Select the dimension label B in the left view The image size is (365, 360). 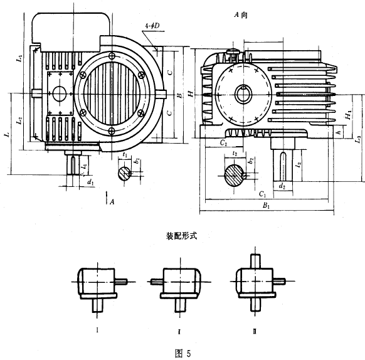tap(179, 95)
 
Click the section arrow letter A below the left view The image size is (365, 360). tap(112, 202)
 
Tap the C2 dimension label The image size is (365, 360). tap(223, 143)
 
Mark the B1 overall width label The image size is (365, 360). tap(266, 205)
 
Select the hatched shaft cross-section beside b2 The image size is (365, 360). tap(235, 174)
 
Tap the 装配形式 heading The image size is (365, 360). tap(182, 238)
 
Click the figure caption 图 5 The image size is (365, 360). tap(182, 352)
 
